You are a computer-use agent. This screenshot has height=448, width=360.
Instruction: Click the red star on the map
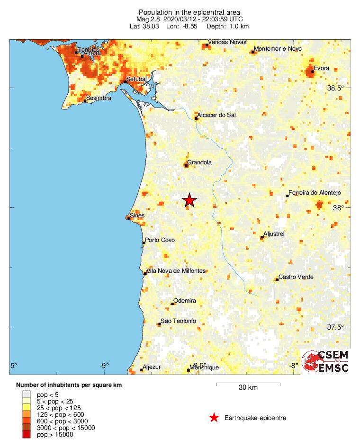pos(189,200)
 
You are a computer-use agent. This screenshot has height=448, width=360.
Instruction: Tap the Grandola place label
pos(199,162)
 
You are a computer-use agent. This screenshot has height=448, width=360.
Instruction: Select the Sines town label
pos(137,215)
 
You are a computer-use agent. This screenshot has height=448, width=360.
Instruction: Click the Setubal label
pos(137,78)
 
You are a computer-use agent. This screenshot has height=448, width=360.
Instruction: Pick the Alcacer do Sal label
pos(216,115)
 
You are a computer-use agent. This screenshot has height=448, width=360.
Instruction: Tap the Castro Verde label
pos(296,277)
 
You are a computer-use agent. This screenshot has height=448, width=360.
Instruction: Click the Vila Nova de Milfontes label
pos(176,270)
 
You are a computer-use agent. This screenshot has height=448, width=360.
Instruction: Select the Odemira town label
pos(185,301)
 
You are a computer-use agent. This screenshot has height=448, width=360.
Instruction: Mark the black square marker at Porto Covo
pos(144,243)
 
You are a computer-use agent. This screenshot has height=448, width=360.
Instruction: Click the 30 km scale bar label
pos(248,388)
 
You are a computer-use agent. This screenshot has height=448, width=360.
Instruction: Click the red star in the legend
pos(214,418)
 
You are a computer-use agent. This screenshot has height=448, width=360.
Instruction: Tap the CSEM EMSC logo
pos(326,362)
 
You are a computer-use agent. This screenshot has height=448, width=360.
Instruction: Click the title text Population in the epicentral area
pos(189,12)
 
